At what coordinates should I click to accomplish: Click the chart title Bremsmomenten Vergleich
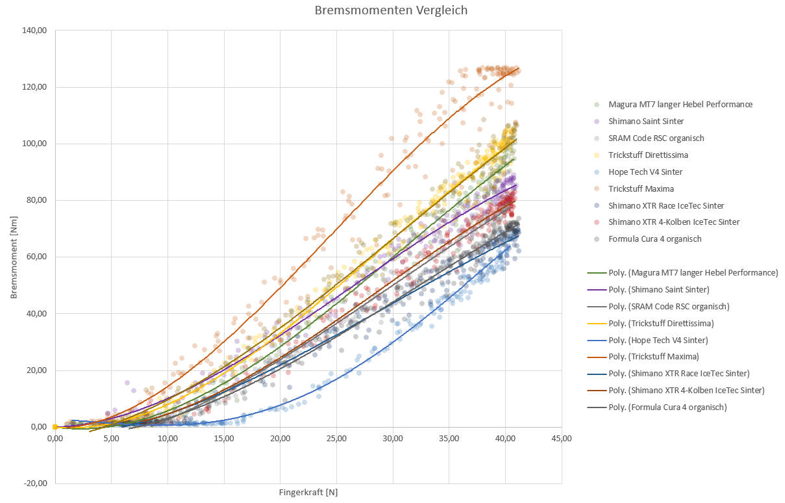(391, 10)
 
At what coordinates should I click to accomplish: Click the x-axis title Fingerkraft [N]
(308, 492)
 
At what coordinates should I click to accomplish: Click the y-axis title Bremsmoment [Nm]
(14, 259)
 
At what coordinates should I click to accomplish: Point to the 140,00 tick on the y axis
(35, 31)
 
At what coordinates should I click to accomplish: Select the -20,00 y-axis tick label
(35, 484)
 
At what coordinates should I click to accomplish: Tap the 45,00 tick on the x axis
(561, 439)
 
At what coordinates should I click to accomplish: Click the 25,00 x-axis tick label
(336, 439)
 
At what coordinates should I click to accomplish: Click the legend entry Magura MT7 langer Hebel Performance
(680, 104)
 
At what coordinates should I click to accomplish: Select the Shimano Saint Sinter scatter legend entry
(646, 121)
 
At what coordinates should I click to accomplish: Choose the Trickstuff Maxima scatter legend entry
(641, 188)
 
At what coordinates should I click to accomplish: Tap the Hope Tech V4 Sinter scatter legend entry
(645, 172)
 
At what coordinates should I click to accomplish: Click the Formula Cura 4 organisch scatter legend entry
(655, 239)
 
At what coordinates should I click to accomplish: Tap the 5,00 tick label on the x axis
(111, 439)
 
